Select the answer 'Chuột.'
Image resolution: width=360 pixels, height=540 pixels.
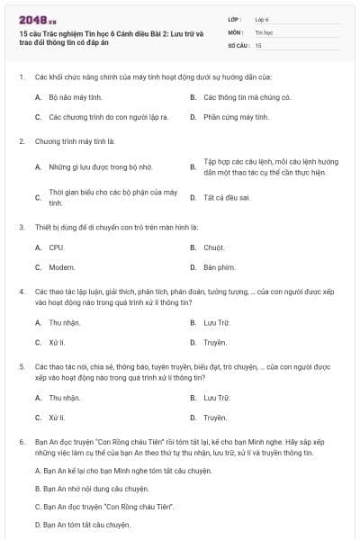(213, 247)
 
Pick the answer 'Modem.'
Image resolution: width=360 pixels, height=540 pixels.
(61, 267)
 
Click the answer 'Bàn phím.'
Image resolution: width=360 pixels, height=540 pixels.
(219, 267)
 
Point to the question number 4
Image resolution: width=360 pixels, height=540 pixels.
(21, 292)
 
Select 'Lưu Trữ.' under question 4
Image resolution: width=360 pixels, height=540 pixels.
(217, 322)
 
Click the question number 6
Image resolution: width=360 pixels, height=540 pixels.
(21, 442)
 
